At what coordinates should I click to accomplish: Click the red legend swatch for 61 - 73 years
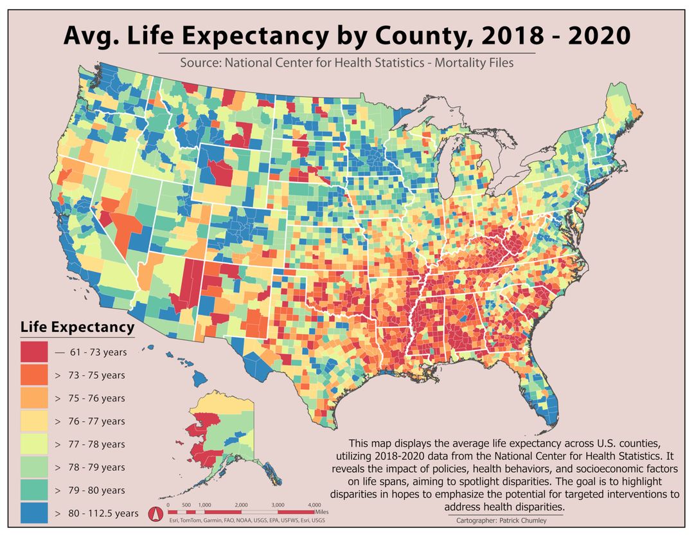pyautogui.click(x=35, y=352)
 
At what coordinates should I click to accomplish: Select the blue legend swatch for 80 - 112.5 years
pyautogui.click(x=35, y=513)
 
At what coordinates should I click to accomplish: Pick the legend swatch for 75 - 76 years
pyautogui.click(x=35, y=398)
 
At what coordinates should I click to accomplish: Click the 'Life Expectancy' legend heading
pyautogui.click(x=77, y=327)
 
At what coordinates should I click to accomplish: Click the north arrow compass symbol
pyautogui.click(x=154, y=514)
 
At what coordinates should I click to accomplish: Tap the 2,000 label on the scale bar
pyautogui.click(x=241, y=505)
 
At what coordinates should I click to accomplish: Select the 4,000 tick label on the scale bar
pyautogui.click(x=314, y=505)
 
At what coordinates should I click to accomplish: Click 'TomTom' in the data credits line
pyautogui.click(x=193, y=521)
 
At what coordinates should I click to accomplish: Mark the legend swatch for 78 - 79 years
pyautogui.click(x=35, y=468)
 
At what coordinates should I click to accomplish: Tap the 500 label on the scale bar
pyautogui.click(x=186, y=505)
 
